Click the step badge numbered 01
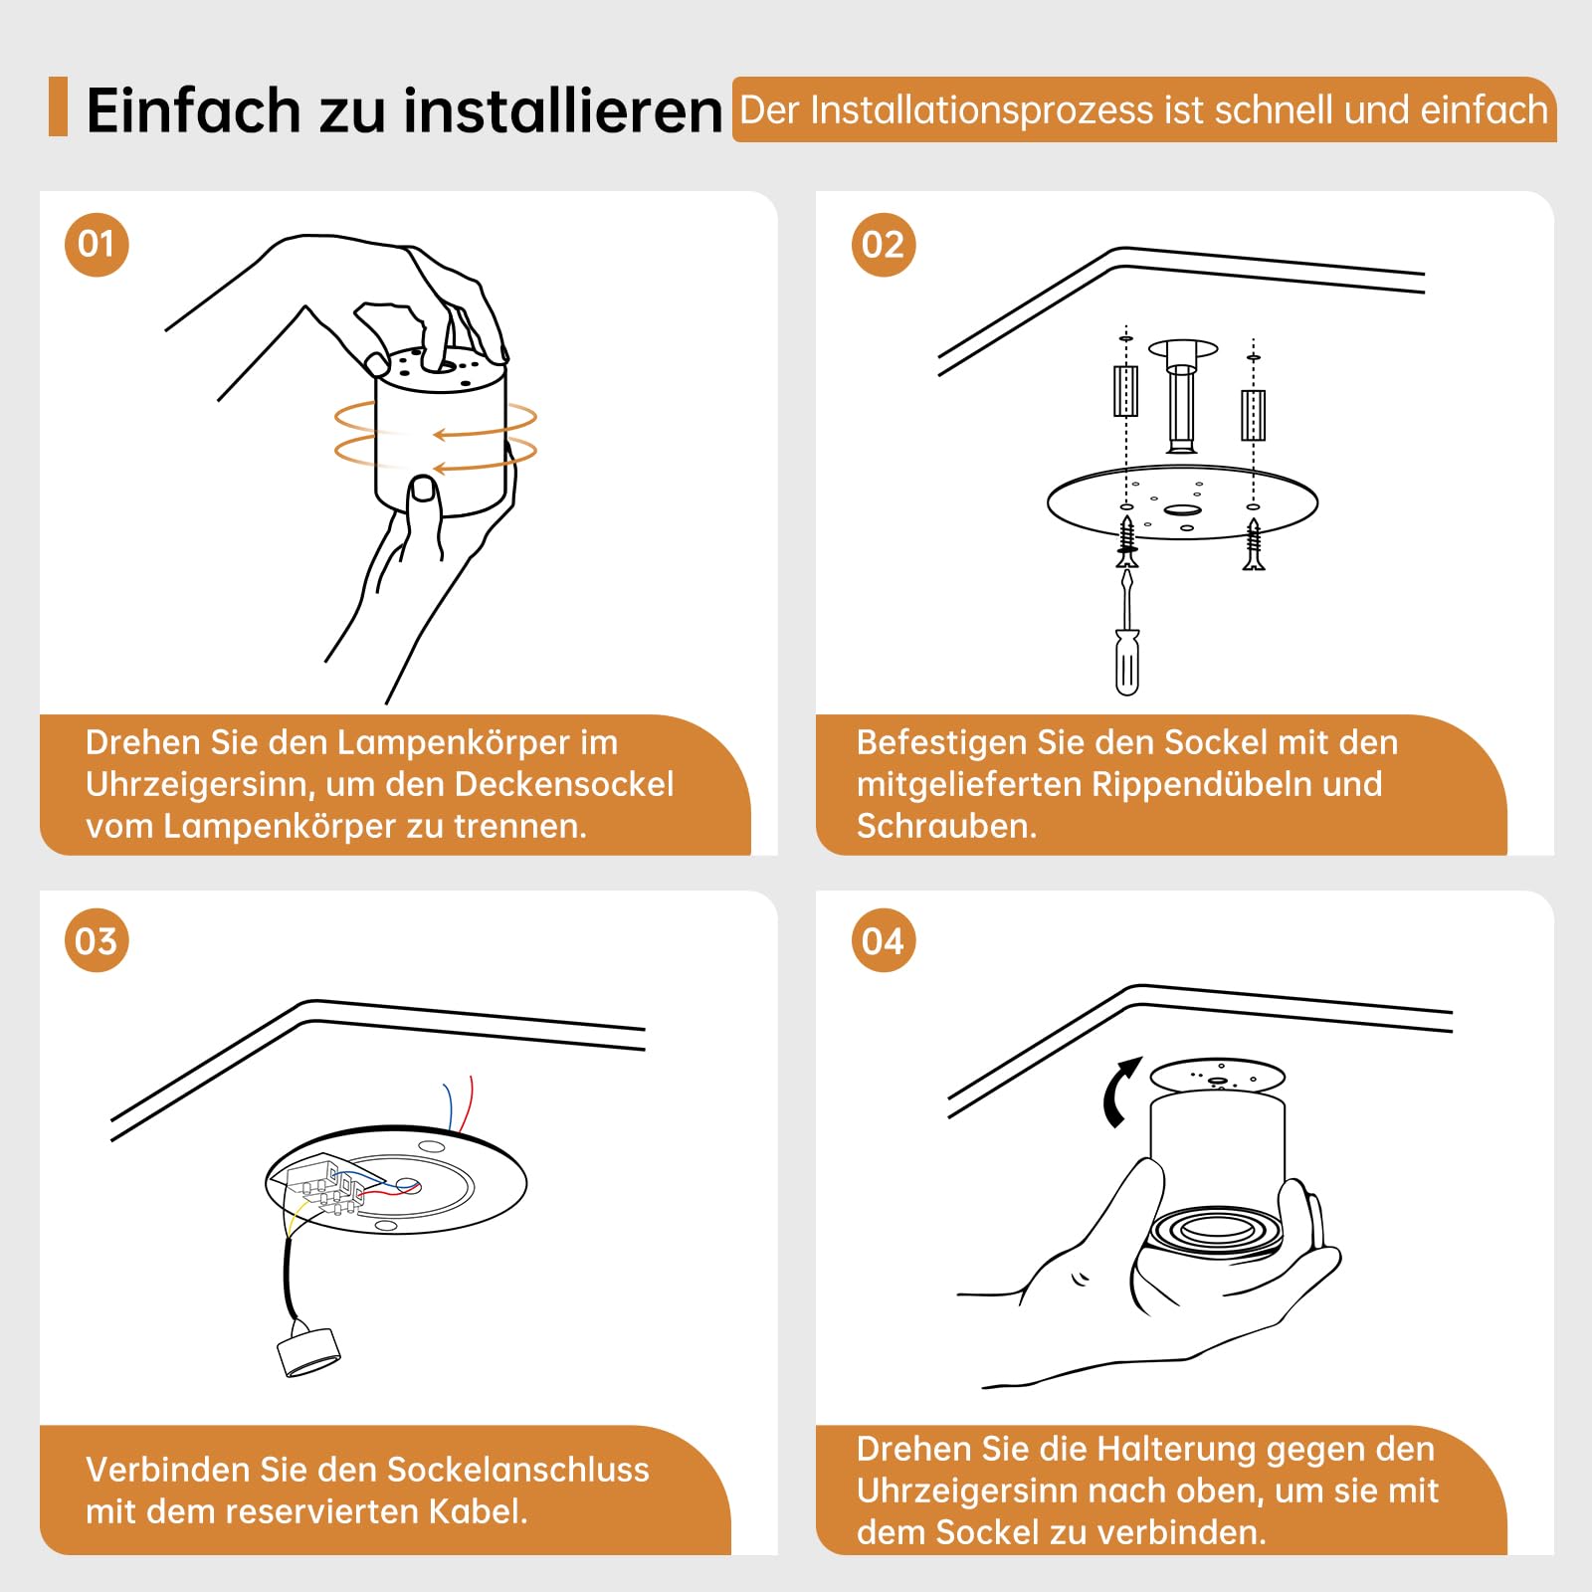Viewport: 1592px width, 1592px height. (x=97, y=245)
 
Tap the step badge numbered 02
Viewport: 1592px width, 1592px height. (x=884, y=245)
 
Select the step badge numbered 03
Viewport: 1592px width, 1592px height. (x=97, y=940)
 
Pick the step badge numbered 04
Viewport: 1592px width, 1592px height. (x=884, y=940)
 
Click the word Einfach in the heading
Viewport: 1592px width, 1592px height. (x=194, y=109)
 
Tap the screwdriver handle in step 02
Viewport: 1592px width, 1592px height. (x=1127, y=662)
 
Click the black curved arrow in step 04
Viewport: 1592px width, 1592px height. (x=1120, y=1092)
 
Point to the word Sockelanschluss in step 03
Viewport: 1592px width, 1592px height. (x=517, y=1470)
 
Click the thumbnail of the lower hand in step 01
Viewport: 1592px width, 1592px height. (x=424, y=489)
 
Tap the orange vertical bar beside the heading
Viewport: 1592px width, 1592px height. (x=58, y=106)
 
